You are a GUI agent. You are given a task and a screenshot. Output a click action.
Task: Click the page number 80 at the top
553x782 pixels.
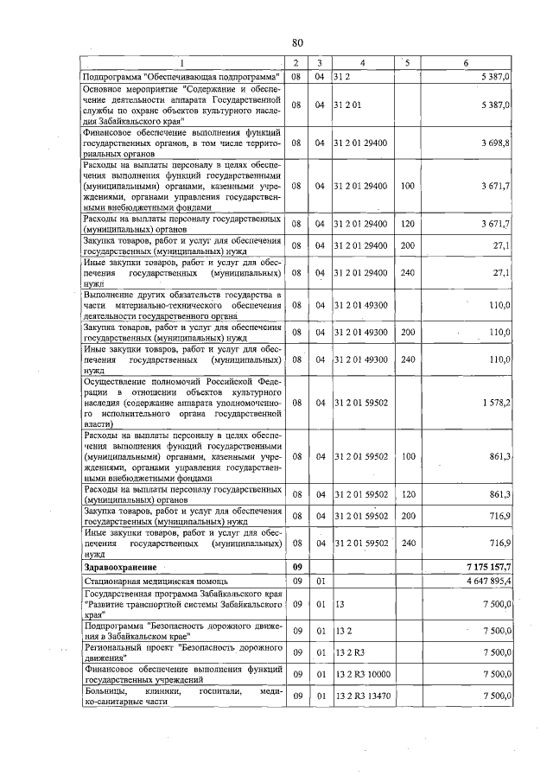click(x=297, y=42)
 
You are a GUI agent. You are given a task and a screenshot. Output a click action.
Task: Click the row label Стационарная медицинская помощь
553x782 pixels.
click(x=149, y=582)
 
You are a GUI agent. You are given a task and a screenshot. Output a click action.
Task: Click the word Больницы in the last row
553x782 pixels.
click(x=103, y=691)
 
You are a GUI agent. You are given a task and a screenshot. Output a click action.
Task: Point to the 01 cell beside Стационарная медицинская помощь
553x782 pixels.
click(x=319, y=582)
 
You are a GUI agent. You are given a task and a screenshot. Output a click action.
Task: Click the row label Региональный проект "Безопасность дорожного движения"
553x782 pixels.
click(x=182, y=652)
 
